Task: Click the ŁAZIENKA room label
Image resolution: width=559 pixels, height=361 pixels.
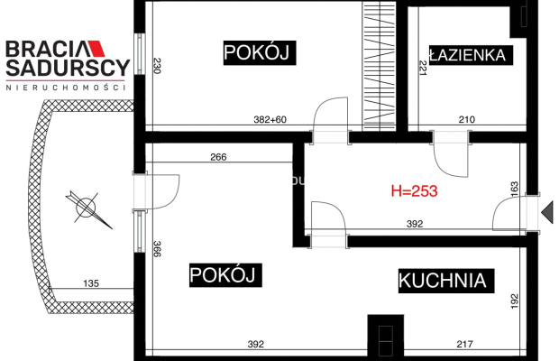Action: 469,55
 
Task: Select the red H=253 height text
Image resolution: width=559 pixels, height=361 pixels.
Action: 414,191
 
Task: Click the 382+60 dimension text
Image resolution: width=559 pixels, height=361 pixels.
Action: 269,120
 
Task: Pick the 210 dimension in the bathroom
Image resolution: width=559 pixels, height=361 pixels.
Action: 467,120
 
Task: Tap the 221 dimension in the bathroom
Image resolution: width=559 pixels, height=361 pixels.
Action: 421,68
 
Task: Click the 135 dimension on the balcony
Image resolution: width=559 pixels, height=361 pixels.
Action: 91,283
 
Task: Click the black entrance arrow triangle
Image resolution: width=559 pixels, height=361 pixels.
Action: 546,213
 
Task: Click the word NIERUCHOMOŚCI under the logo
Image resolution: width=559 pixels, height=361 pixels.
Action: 67,88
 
